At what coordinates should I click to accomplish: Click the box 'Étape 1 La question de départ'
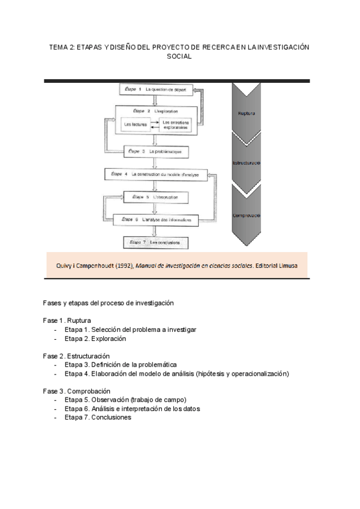[155, 90]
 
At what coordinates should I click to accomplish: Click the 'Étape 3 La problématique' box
[155, 152]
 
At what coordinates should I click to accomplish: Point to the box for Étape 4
[155, 174]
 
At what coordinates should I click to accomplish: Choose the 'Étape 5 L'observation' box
[155, 197]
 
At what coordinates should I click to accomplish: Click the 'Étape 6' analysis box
[155, 220]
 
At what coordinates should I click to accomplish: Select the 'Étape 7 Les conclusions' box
[155, 242]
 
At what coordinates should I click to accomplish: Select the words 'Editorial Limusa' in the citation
[281, 265]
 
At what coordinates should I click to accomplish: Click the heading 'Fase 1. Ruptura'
[67, 320]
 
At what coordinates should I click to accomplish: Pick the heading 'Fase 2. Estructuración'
[76, 356]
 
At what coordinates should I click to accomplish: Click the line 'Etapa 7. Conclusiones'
[98, 418]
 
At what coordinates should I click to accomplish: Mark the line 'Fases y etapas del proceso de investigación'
[108, 303]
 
